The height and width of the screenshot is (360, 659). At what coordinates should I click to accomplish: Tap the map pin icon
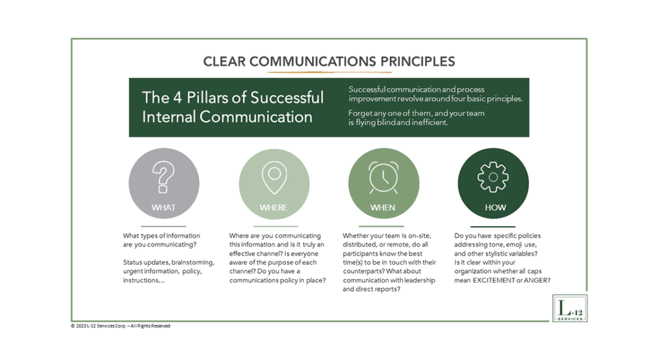[273, 176]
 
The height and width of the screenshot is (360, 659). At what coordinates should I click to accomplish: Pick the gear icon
[492, 176]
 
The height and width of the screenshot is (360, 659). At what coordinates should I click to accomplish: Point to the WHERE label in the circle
[273, 207]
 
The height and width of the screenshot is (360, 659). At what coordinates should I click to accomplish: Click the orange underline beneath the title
[329, 72]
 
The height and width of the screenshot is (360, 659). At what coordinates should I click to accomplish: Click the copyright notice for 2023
[120, 326]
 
